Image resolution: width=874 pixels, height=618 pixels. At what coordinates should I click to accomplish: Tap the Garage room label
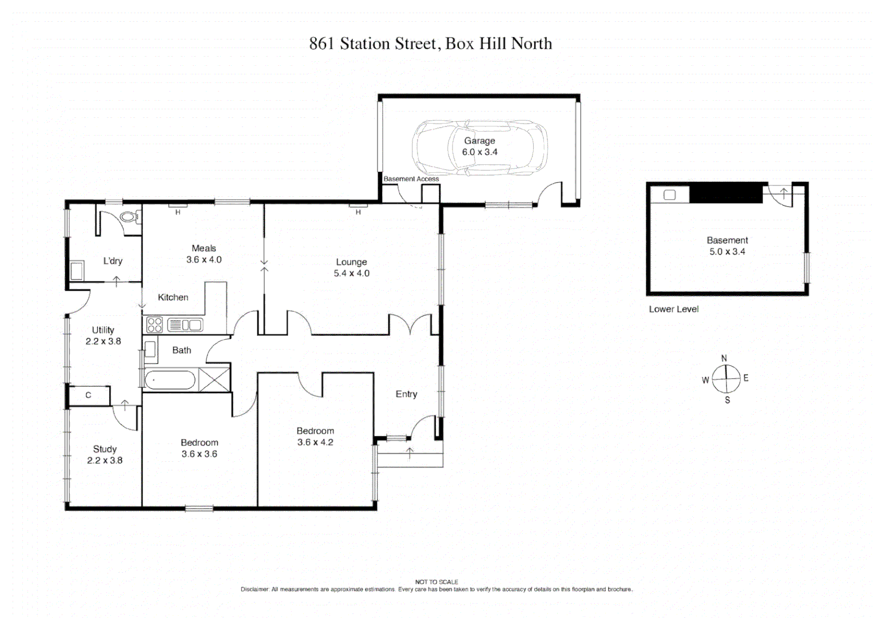[x=479, y=141]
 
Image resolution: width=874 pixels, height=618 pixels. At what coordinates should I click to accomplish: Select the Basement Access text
[x=411, y=179]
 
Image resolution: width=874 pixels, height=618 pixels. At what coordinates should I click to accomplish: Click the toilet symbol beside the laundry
[x=131, y=217]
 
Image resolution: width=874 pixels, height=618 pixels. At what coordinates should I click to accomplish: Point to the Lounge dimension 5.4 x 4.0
[x=351, y=274]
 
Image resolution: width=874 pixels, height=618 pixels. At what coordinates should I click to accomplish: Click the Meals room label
[x=204, y=248]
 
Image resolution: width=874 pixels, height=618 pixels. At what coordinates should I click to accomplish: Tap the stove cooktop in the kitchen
[x=155, y=325]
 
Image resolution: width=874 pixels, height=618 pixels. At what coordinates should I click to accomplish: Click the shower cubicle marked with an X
[x=214, y=380]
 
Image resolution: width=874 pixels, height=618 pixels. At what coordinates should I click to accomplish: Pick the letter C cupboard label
[x=88, y=395]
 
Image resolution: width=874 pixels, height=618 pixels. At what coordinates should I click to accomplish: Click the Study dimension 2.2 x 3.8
[x=105, y=461]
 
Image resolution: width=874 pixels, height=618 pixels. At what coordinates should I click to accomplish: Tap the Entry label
[x=406, y=394]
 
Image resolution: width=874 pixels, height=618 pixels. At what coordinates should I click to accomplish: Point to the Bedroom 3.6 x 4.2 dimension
[x=315, y=442]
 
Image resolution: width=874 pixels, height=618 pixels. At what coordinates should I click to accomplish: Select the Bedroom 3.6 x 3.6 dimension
[x=199, y=454]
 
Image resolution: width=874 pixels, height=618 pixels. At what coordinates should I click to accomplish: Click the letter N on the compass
[x=724, y=358]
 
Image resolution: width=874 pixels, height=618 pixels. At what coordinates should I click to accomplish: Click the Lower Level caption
[x=673, y=309]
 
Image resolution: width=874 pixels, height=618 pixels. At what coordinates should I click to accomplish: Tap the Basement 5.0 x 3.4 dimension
[x=727, y=252]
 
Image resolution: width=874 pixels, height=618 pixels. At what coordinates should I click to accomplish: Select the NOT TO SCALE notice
[x=436, y=582]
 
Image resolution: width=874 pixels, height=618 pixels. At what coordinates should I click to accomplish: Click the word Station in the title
[x=365, y=43]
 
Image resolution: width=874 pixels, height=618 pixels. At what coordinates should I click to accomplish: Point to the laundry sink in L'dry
[x=76, y=270]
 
